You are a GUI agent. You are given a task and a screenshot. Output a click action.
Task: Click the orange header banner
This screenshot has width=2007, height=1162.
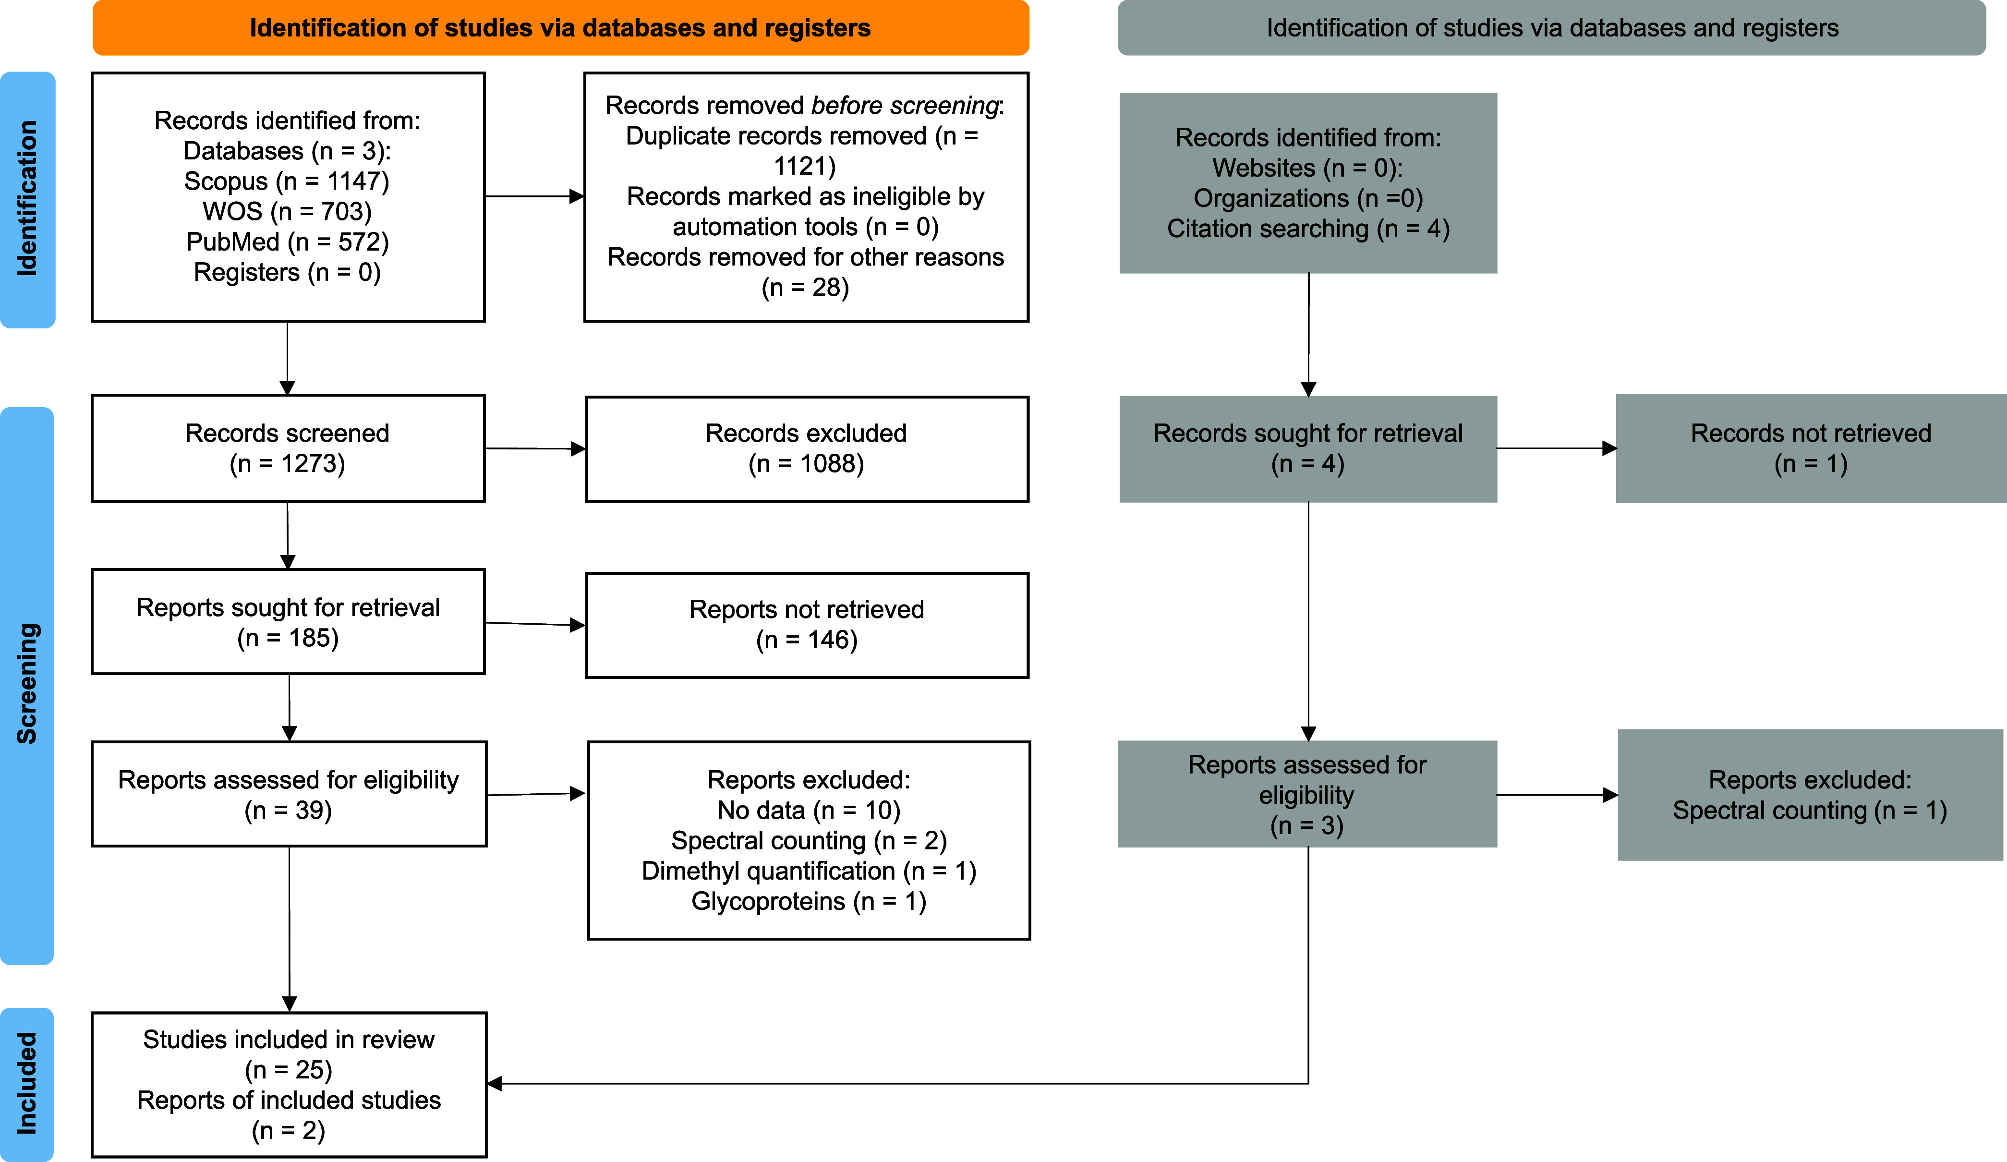pyautogui.click(x=561, y=28)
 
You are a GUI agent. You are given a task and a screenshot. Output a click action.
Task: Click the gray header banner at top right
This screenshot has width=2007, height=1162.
pyautogui.click(x=1551, y=28)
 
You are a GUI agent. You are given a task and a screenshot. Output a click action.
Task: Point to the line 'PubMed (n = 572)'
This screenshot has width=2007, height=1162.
pyautogui.click(x=288, y=242)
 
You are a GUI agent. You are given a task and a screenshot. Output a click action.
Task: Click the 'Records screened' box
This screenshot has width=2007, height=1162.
pyautogui.click(x=288, y=448)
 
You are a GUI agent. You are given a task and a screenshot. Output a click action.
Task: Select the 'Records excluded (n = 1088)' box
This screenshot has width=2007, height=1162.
pyautogui.click(x=807, y=449)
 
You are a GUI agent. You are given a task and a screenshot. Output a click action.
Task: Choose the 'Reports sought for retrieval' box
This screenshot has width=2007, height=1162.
pyautogui.click(x=288, y=622)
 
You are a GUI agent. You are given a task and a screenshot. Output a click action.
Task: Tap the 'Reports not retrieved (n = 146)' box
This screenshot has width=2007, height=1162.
pyautogui.click(x=807, y=625)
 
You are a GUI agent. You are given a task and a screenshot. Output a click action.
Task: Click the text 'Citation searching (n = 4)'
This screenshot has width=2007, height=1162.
pyautogui.click(x=1308, y=229)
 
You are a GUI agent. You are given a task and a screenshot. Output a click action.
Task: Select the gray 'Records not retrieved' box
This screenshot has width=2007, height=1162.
pyautogui.click(x=1811, y=448)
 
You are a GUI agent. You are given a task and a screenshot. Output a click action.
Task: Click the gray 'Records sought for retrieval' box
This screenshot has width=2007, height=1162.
pyautogui.click(x=1308, y=449)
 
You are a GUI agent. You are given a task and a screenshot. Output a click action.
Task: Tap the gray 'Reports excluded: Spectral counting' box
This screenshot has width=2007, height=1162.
pyautogui.click(x=1810, y=795)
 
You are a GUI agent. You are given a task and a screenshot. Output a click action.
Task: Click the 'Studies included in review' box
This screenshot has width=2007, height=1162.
pyautogui.click(x=288, y=1085)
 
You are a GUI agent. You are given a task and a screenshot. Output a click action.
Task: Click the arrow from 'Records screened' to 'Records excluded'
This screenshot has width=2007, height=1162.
pyautogui.click(x=535, y=448)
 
